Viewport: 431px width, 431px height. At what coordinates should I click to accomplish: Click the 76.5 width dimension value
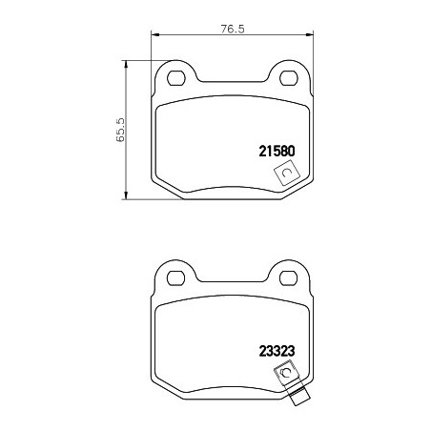coord(233,29)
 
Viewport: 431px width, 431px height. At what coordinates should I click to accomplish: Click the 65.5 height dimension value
coord(121,130)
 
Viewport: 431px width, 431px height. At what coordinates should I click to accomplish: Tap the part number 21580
coord(277,151)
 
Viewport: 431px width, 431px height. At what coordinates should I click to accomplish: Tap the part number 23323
coord(277,351)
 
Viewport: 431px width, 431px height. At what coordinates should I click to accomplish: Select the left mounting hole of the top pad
coord(176,78)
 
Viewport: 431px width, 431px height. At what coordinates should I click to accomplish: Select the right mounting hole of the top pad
coord(288,78)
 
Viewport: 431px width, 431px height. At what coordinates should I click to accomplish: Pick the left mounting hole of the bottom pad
coord(176,278)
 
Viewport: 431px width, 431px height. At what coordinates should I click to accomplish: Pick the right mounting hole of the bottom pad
coord(288,278)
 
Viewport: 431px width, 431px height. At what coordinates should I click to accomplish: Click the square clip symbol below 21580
coord(287,174)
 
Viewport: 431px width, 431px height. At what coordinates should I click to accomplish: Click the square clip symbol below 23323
coord(287,373)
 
